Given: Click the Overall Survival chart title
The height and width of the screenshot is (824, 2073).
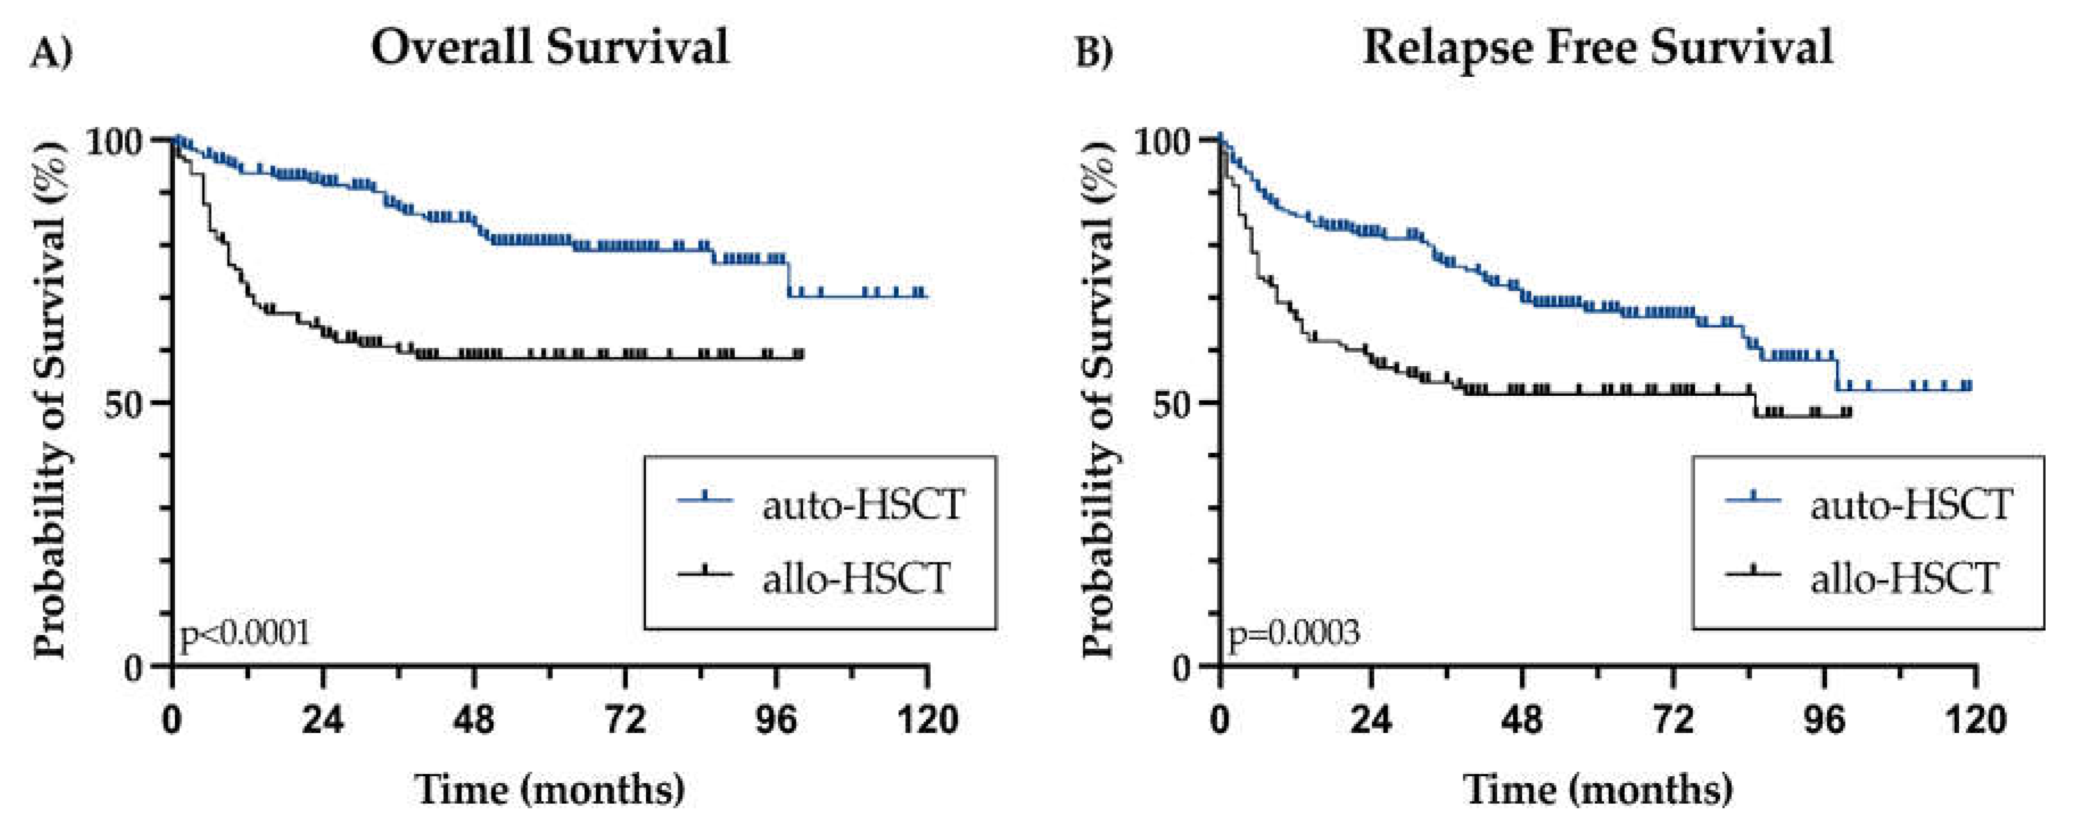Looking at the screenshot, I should click(x=550, y=47).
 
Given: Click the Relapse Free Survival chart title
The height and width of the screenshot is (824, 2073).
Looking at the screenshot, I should click(x=1597, y=47).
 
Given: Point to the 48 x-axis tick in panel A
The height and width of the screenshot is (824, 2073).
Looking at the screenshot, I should click(x=474, y=719).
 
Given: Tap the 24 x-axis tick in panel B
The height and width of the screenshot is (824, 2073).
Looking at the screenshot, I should click(x=1370, y=719).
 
